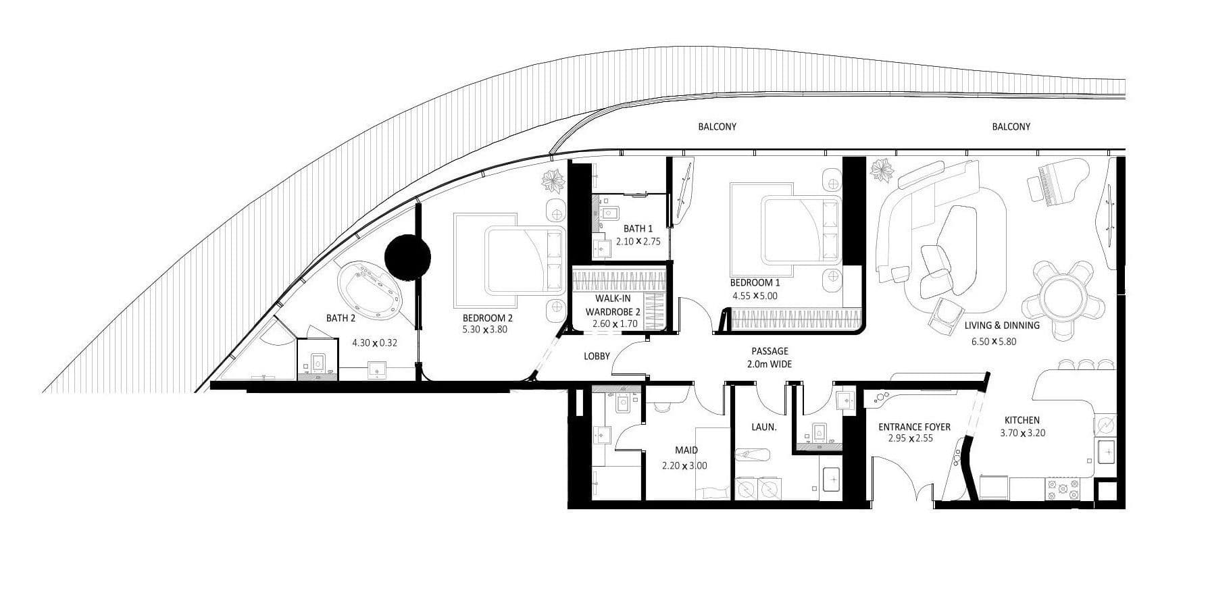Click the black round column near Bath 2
click(x=407, y=257)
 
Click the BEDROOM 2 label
click(x=487, y=318)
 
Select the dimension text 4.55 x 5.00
click(x=754, y=296)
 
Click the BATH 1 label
click(x=638, y=229)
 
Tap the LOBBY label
click(x=597, y=356)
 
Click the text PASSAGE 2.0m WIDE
click(x=770, y=357)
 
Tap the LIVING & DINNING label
click(x=1001, y=325)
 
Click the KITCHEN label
click(x=1022, y=420)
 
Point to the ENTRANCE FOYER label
click(x=913, y=427)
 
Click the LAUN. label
click(x=763, y=427)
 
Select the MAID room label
click(x=686, y=450)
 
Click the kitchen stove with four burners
click(x=1063, y=488)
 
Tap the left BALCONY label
click(x=717, y=126)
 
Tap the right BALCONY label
click(x=1011, y=126)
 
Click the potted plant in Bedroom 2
click(x=553, y=181)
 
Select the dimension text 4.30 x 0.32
click(x=374, y=342)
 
